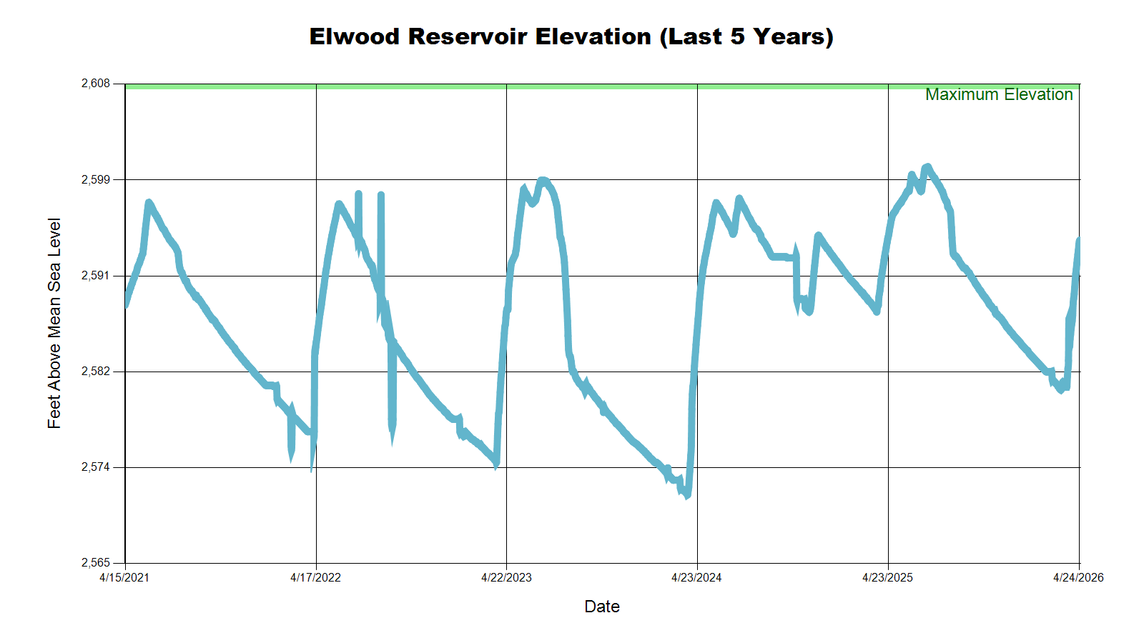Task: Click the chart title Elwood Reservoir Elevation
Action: (x=571, y=36)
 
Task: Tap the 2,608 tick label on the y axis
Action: (x=96, y=84)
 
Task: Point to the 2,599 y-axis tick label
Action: (x=96, y=179)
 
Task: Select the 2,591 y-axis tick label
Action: (x=96, y=276)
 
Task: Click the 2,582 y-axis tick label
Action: (x=96, y=372)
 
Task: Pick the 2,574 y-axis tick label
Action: (x=96, y=467)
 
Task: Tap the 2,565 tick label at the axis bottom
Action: (x=96, y=563)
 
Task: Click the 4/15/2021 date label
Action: (x=124, y=578)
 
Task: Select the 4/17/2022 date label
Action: (x=315, y=578)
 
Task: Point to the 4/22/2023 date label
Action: (x=506, y=578)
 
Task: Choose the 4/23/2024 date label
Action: (x=696, y=578)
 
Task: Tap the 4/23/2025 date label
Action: (x=887, y=578)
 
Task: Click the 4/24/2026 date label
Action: (x=1078, y=578)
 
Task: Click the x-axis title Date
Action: (x=602, y=607)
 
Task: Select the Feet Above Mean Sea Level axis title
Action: (x=54, y=323)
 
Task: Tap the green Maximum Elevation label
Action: (x=999, y=94)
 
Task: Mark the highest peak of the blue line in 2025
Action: (x=927, y=167)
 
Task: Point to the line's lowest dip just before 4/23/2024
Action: (x=686, y=495)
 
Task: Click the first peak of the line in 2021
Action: (x=149, y=203)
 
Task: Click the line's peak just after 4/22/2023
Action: (x=543, y=181)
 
